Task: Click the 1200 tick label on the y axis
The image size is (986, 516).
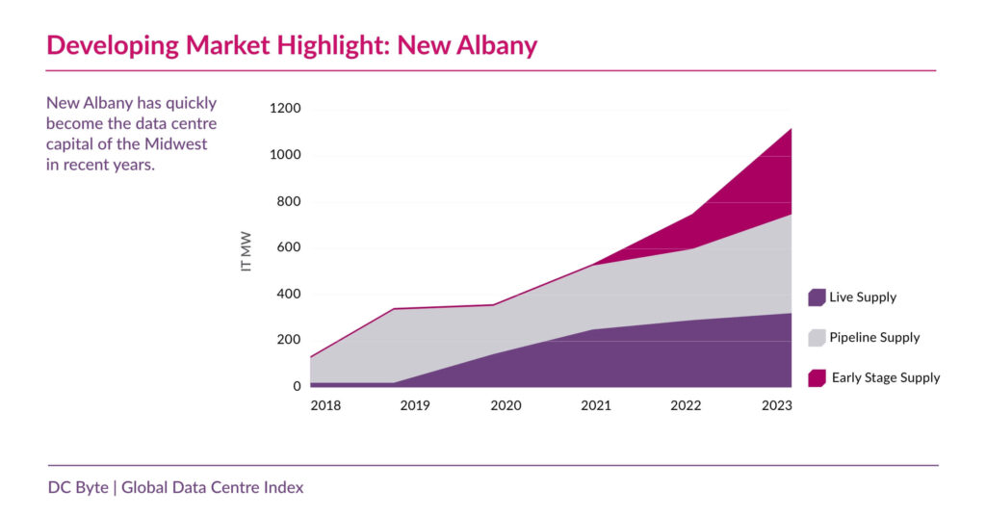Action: point(284,109)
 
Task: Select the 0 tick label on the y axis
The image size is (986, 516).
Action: point(297,387)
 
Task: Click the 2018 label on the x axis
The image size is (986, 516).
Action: point(325,406)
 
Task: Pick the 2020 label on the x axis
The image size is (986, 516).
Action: point(506,406)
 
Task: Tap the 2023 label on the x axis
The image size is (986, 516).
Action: point(776,406)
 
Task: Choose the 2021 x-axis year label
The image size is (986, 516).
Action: point(596,406)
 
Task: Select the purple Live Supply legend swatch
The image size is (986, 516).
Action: point(817,297)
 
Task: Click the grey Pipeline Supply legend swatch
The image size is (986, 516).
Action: point(817,338)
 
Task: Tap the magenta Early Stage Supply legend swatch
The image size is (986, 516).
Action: point(817,378)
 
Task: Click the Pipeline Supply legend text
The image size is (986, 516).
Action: point(875,338)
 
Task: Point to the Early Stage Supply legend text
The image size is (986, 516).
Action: point(885,378)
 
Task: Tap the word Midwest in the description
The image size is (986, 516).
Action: point(180,144)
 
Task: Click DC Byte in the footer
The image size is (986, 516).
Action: point(78,487)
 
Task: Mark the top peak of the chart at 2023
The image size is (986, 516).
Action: point(791,128)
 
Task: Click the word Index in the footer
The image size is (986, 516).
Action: point(284,487)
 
